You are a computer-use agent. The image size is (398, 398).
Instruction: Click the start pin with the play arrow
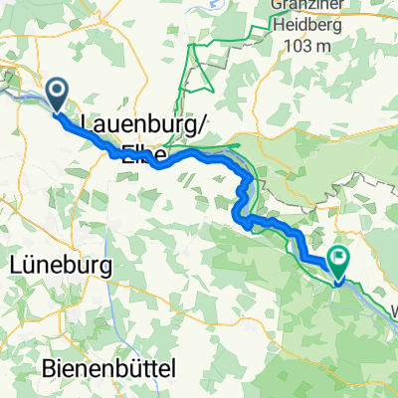57,95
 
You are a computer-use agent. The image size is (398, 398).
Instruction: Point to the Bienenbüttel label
110,368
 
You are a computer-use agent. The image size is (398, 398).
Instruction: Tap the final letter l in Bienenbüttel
173,368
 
